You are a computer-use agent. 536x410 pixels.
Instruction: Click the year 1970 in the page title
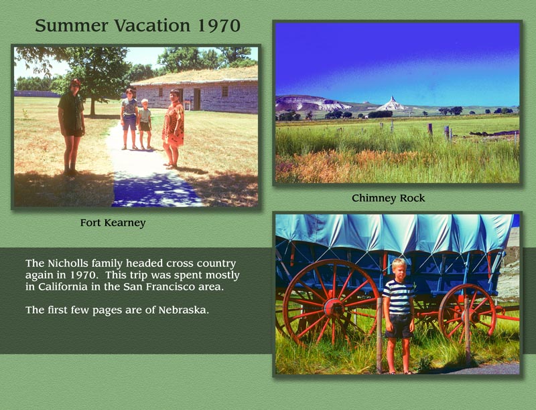[x=219, y=26]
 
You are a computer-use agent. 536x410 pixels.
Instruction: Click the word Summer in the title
[x=64, y=26]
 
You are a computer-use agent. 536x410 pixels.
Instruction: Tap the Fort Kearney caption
[x=113, y=223]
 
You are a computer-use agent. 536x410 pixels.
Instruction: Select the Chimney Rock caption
[x=389, y=198]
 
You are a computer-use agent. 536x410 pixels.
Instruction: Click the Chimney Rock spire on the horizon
[x=391, y=104]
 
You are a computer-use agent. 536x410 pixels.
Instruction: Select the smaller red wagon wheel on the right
[x=467, y=311]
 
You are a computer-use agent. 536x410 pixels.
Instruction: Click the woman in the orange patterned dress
[x=174, y=127]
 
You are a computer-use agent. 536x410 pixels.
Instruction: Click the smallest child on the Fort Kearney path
[x=145, y=123]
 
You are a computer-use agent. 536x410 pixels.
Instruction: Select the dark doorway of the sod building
[x=197, y=99]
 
